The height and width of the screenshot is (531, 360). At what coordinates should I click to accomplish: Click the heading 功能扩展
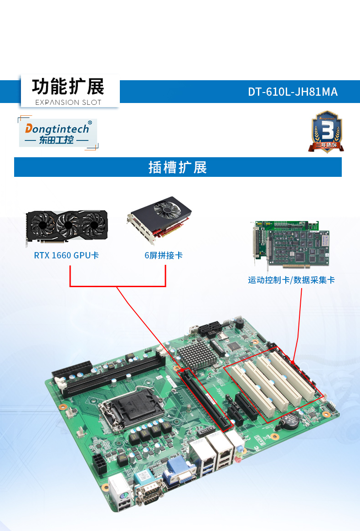click(68, 87)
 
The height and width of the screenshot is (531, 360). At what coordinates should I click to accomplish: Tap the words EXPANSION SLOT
click(68, 102)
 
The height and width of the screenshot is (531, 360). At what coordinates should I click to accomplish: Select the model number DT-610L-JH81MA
click(293, 92)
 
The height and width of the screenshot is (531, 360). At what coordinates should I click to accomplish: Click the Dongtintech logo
click(58, 133)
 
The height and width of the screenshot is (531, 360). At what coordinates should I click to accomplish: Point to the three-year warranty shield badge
click(326, 131)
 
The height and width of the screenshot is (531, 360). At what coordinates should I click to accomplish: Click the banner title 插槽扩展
click(178, 167)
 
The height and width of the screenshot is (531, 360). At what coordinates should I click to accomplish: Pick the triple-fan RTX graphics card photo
click(67, 227)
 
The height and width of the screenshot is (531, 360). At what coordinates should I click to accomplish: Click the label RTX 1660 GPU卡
click(67, 255)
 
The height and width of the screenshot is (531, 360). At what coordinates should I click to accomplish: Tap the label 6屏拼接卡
click(164, 255)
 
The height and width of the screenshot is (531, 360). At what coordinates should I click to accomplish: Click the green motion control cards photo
click(289, 245)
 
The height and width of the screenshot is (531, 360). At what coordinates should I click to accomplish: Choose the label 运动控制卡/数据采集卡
click(291, 280)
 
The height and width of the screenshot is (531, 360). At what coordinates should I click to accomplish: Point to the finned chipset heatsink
click(195, 355)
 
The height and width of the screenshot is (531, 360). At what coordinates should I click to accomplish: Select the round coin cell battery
click(290, 419)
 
